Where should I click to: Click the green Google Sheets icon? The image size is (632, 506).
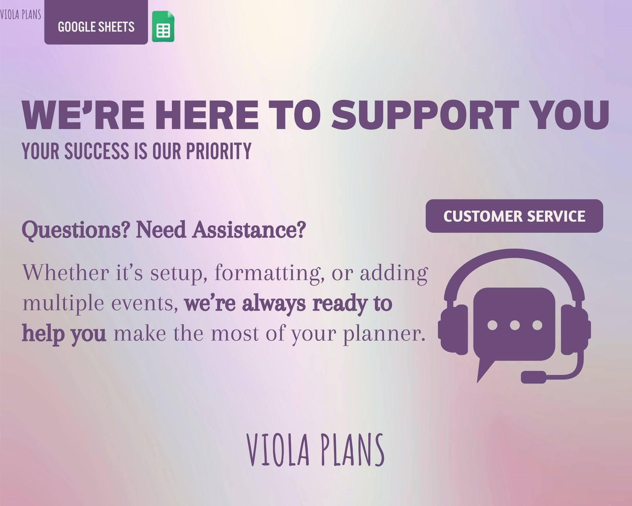pos(163,26)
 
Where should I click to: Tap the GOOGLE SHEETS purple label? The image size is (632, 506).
pos(96,23)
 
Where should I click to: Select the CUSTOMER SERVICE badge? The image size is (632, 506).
pos(514,216)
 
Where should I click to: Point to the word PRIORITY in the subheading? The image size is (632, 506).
pos(219,151)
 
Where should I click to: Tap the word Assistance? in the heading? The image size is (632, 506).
pos(249,230)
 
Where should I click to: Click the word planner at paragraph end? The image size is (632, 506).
pos(384,334)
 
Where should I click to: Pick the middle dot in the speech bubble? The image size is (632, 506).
pos(515,325)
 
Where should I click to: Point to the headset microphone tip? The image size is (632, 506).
pos(533,377)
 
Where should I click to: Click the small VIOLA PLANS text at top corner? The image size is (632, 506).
pos(21,14)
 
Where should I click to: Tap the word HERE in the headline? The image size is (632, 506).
pos(207,115)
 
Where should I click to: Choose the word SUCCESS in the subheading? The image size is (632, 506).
pos(97,151)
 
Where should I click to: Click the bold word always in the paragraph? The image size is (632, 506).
pos(274,304)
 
